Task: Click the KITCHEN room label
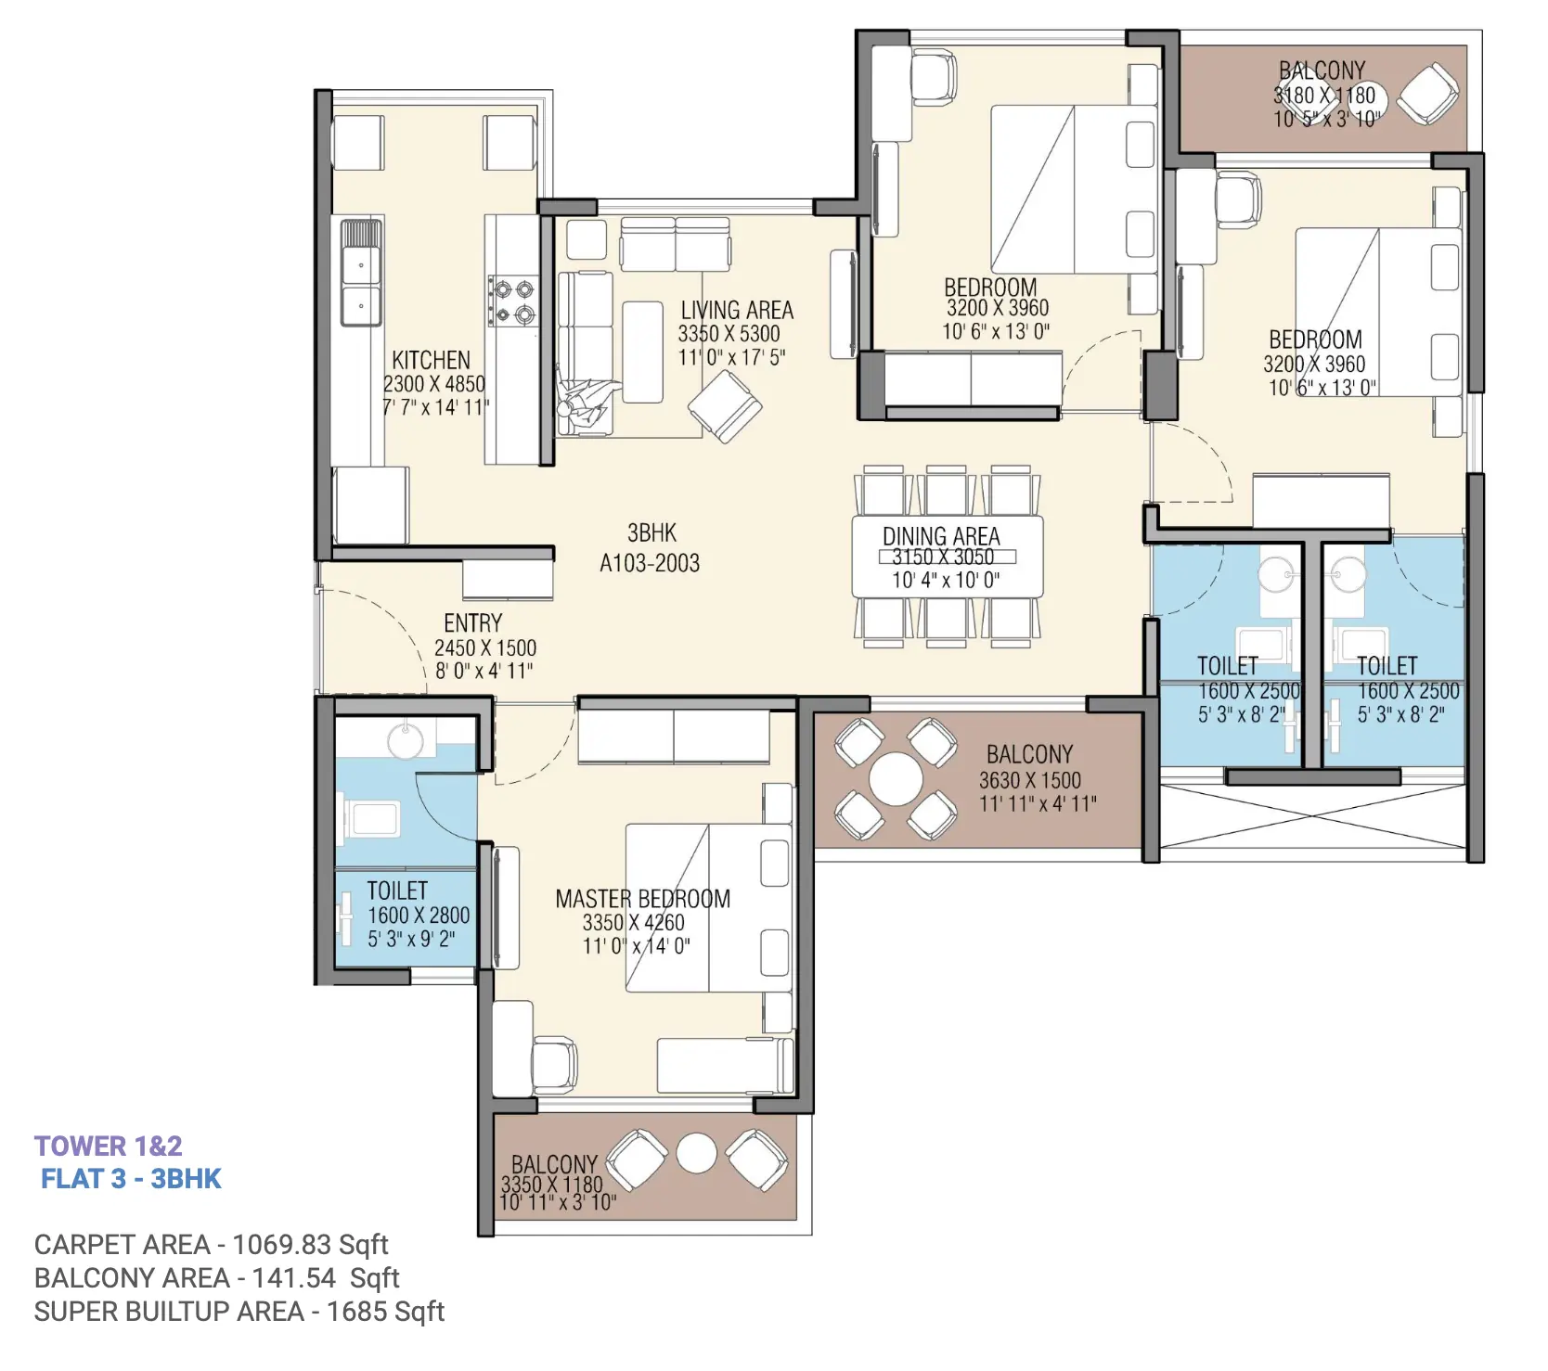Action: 431,360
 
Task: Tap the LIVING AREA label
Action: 737,310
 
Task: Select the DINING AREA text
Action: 941,536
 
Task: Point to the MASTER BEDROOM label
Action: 642,899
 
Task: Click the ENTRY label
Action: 472,623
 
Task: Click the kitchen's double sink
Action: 361,273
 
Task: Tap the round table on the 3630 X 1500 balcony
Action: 896,779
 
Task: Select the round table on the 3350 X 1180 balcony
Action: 696,1154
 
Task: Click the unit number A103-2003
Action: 650,563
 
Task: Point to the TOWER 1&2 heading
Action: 109,1147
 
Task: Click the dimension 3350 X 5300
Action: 729,334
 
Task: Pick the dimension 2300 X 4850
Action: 434,384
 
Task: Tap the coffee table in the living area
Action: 642,352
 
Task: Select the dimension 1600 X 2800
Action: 419,916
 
